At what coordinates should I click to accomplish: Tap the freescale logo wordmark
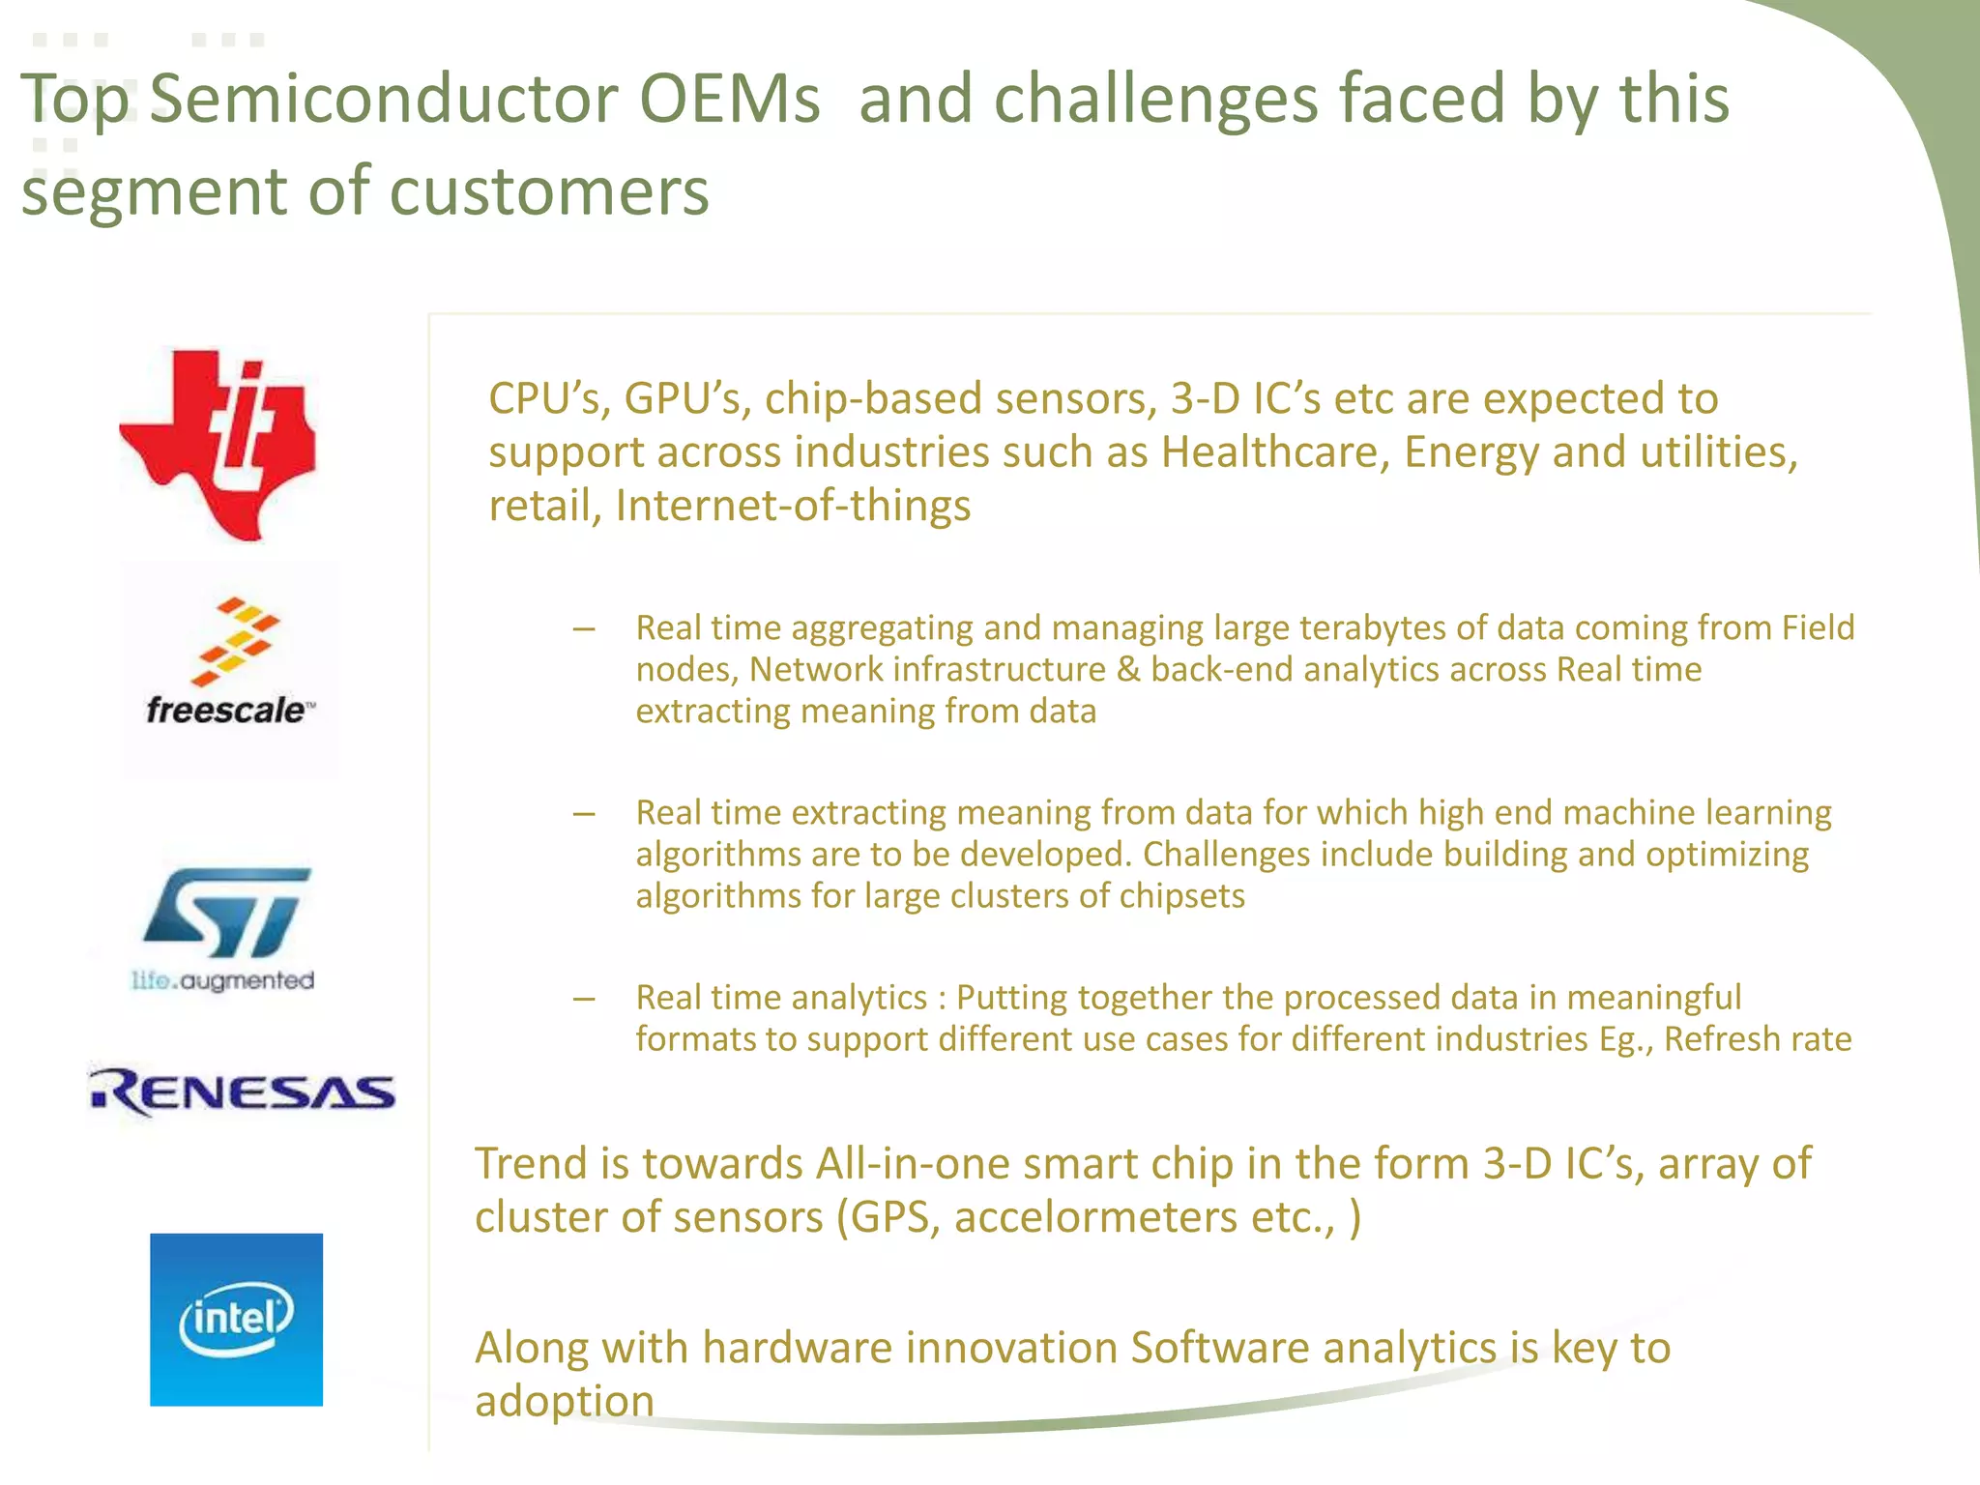click(227, 711)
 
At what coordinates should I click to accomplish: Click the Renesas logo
click(243, 1092)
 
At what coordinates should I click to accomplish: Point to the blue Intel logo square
click(236, 1319)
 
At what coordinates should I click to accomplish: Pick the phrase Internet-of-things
click(793, 506)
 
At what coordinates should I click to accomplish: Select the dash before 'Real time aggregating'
click(583, 629)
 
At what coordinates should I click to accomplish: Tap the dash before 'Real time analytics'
click(583, 999)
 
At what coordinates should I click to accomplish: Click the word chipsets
click(1181, 896)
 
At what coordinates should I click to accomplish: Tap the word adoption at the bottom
click(565, 1402)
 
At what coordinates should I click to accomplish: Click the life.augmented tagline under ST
click(223, 980)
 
